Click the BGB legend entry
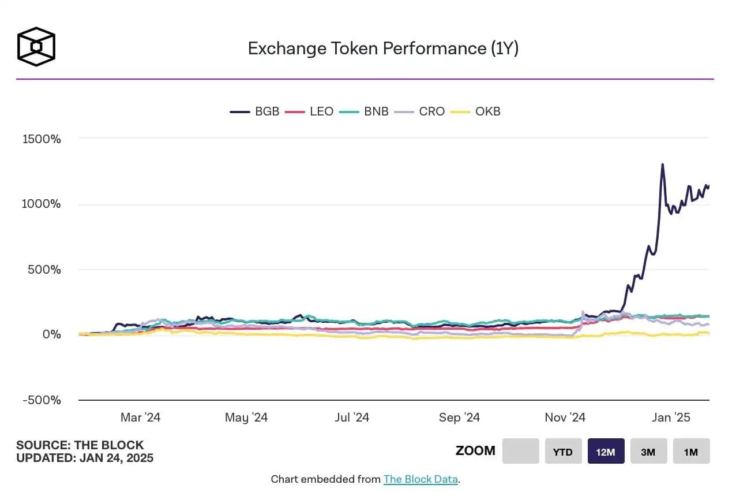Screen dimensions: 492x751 [x=255, y=111]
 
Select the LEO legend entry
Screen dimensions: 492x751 [x=310, y=111]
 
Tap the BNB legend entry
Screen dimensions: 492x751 [x=365, y=111]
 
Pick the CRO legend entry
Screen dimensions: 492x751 [x=420, y=111]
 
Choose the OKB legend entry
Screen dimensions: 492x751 [x=476, y=111]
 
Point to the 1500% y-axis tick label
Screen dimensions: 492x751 [x=42, y=139]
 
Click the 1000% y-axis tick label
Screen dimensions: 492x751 [x=42, y=204]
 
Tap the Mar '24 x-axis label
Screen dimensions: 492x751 [x=141, y=418]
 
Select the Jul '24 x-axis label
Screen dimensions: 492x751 [x=351, y=418]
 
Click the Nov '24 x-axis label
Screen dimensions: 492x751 [x=565, y=418]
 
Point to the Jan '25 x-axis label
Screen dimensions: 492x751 [x=671, y=418]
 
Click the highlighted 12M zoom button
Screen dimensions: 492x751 [x=606, y=452]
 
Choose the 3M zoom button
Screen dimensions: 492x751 [x=648, y=452]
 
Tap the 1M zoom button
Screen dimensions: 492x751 [x=691, y=452]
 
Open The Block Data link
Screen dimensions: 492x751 [x=420, y=479]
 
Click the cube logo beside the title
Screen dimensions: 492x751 [x=36, y=46]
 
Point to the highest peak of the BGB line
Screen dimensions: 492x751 [x=662, y=165]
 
